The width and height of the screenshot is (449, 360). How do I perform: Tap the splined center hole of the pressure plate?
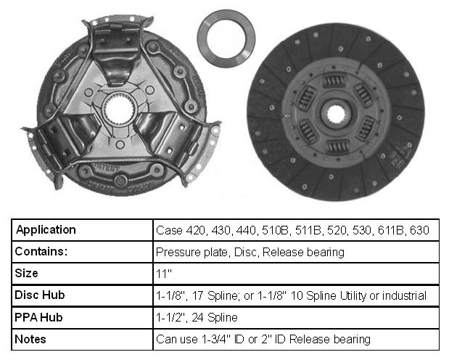click(119, 110)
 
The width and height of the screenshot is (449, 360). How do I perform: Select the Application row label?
click(46, 229)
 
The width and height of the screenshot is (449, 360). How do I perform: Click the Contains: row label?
click(41, 251)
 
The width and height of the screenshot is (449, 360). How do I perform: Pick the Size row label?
click(26, 273)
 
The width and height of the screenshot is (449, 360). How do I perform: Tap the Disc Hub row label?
click(39, 295)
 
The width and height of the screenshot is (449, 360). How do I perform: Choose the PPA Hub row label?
click(38, 317)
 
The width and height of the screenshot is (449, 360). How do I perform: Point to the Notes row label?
click(30, 339)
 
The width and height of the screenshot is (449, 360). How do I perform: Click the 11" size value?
click(163, 274)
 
